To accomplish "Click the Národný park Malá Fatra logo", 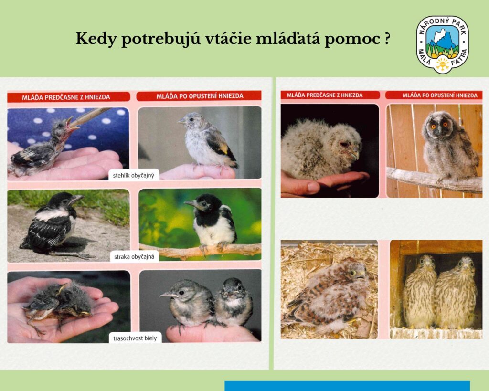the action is click(x=443, y=44).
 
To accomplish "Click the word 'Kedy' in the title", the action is click(x=96, y=39).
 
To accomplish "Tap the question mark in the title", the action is click(x=387, y=39).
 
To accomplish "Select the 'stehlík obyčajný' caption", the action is click(x=134, y=175).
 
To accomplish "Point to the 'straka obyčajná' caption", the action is click(x=134, y=257).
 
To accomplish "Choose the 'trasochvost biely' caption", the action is click(x=135, y=338).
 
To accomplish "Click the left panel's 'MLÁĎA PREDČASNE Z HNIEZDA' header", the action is click(x=66, y=97).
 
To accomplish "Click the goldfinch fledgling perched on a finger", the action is click(x=207, y=140).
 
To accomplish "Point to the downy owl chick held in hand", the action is click(x=321, y=149).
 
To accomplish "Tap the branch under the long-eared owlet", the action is click(x=434, y=180).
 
